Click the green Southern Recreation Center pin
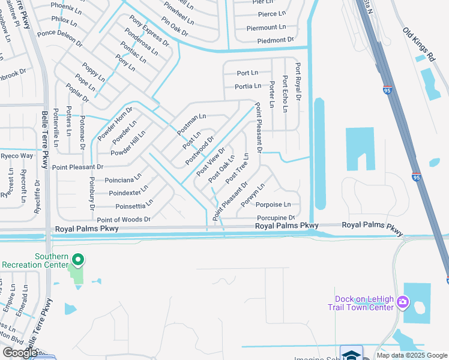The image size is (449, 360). coord(77,260)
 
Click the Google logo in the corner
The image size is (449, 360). coord(20,353)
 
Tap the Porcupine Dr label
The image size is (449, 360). coord(276,218)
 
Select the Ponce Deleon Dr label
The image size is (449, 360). coord(59,37)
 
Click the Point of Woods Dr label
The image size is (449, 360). coord(124,220)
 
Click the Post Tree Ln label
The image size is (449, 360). coord(237,172)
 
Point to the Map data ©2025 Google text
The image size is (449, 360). coord(412,355)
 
